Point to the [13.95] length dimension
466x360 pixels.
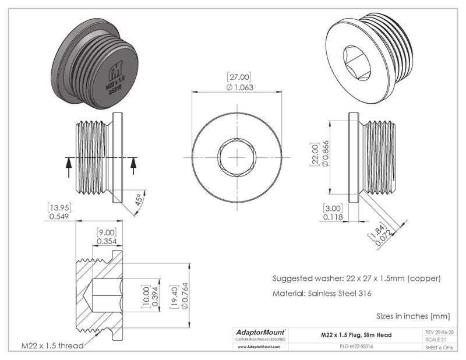(58, 207)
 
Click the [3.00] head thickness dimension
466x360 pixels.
(333, 208)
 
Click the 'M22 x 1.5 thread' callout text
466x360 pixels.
(52, 345)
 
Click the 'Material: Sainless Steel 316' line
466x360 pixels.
(322, 294)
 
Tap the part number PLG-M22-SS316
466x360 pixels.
(356, 346)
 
